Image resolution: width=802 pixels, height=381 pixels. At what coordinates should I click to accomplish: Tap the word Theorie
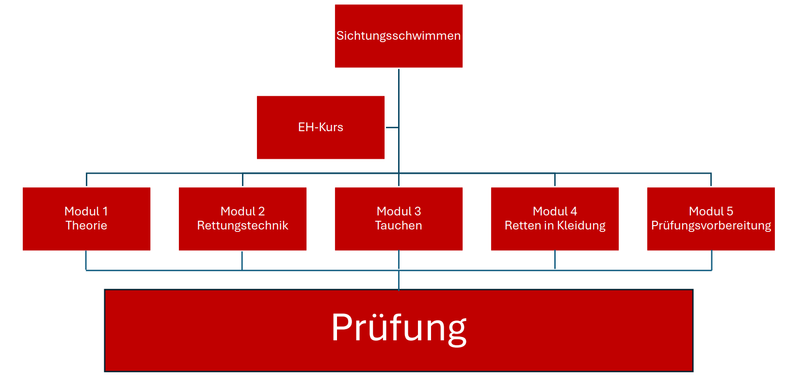tap(86, 226)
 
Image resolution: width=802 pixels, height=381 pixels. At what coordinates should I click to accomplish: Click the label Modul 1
tap(86, 212)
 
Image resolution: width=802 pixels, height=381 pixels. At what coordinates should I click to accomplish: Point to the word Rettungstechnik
tap(242, 226)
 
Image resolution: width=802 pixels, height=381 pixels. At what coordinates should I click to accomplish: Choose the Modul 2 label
tap(242, 212)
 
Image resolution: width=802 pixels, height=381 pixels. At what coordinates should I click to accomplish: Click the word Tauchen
tap(399, 226)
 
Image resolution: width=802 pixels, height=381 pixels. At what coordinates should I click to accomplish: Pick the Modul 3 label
tap(399, 212)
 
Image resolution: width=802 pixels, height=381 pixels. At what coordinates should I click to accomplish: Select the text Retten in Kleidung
tap(555, 226)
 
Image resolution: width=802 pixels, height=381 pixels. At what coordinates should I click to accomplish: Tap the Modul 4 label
tap(555, 212)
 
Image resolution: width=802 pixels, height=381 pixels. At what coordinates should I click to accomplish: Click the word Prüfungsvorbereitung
tap(711, 226)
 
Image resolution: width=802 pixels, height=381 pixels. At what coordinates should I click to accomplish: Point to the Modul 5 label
tap(711, 212)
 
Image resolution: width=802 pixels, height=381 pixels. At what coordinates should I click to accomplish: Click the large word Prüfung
tap(399, 328)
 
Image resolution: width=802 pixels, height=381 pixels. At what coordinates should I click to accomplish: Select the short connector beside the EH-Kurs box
tap(392, 128)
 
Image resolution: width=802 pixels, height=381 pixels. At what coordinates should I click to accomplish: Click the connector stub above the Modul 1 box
tap(86, 180)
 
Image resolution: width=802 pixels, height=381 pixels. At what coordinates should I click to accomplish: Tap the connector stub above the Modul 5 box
tap(711, 180)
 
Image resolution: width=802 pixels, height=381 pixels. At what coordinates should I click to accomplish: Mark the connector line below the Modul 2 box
tap(242, 260)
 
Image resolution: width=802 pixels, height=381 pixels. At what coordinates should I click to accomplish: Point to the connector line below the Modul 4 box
tap(555, 260)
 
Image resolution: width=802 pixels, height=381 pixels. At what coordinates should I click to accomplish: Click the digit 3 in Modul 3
tap(417, 212)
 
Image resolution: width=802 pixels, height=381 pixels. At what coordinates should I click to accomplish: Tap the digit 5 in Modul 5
tap(730, 212)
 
